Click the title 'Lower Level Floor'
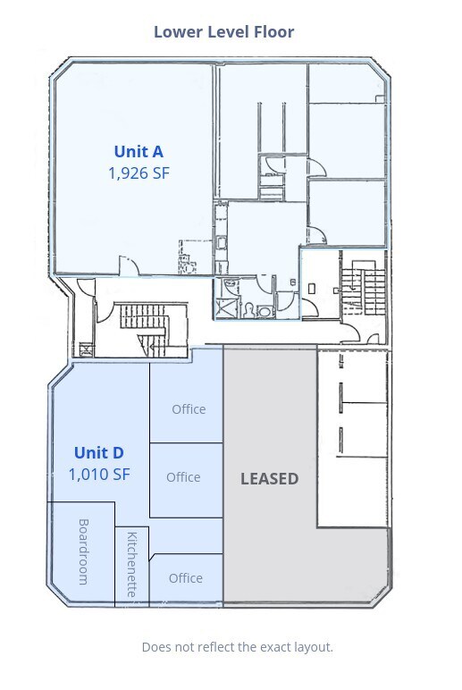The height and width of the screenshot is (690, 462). pos(223,32)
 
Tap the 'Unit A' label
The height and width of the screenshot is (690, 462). pos(138,152)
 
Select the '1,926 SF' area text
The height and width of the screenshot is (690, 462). pos(138,173)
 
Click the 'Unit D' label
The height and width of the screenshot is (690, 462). pos(98,452)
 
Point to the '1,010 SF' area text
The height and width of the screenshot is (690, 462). pos(98,474)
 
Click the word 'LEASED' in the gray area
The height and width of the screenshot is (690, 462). pos(269,478)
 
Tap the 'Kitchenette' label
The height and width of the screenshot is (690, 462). pos(132,564)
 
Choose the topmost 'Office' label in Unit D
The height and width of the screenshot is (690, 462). pos(189,409)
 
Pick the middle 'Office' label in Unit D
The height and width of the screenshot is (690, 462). pos(183,477)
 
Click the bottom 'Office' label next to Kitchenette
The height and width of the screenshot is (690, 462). pos(186,578)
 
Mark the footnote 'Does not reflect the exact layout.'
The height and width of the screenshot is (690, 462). pos(237,646)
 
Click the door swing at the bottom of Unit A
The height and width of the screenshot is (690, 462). pos(128,265)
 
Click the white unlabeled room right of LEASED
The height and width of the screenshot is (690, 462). pos(353,438)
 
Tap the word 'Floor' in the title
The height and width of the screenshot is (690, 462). pos(275,32)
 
